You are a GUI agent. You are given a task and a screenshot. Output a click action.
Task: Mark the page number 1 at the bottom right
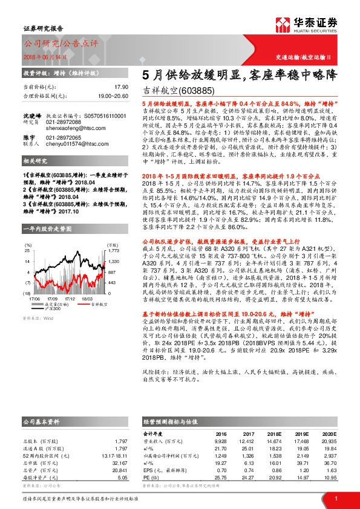click(x=335, y=498)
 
